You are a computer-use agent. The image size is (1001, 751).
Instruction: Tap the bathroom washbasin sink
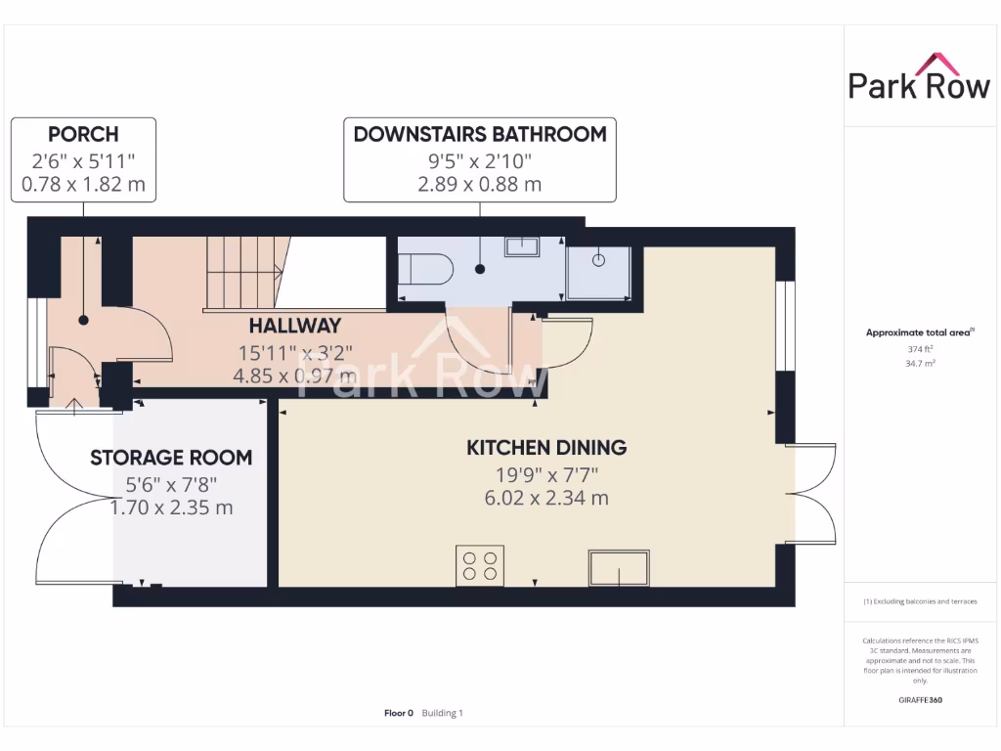coord(521,244)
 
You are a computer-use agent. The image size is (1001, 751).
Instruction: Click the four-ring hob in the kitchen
coord(479,565)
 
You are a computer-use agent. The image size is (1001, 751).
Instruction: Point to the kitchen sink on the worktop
coord(618,567)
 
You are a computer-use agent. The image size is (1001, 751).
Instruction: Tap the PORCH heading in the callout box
coord(83,134)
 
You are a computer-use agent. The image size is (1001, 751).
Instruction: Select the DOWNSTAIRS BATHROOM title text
coord(479,134)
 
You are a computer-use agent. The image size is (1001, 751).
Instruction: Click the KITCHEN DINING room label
coord(546,448)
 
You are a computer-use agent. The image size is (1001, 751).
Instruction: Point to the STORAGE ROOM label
coord(171,458)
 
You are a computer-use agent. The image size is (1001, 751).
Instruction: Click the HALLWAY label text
coord(294,326)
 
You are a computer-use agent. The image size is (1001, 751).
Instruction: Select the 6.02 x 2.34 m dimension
coord(546,498)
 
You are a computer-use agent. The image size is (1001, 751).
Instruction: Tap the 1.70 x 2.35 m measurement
coord(171,508)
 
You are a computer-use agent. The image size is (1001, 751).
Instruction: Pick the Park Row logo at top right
coord(919,78)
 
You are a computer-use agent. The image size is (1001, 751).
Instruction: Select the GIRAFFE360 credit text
coord(919,700)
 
